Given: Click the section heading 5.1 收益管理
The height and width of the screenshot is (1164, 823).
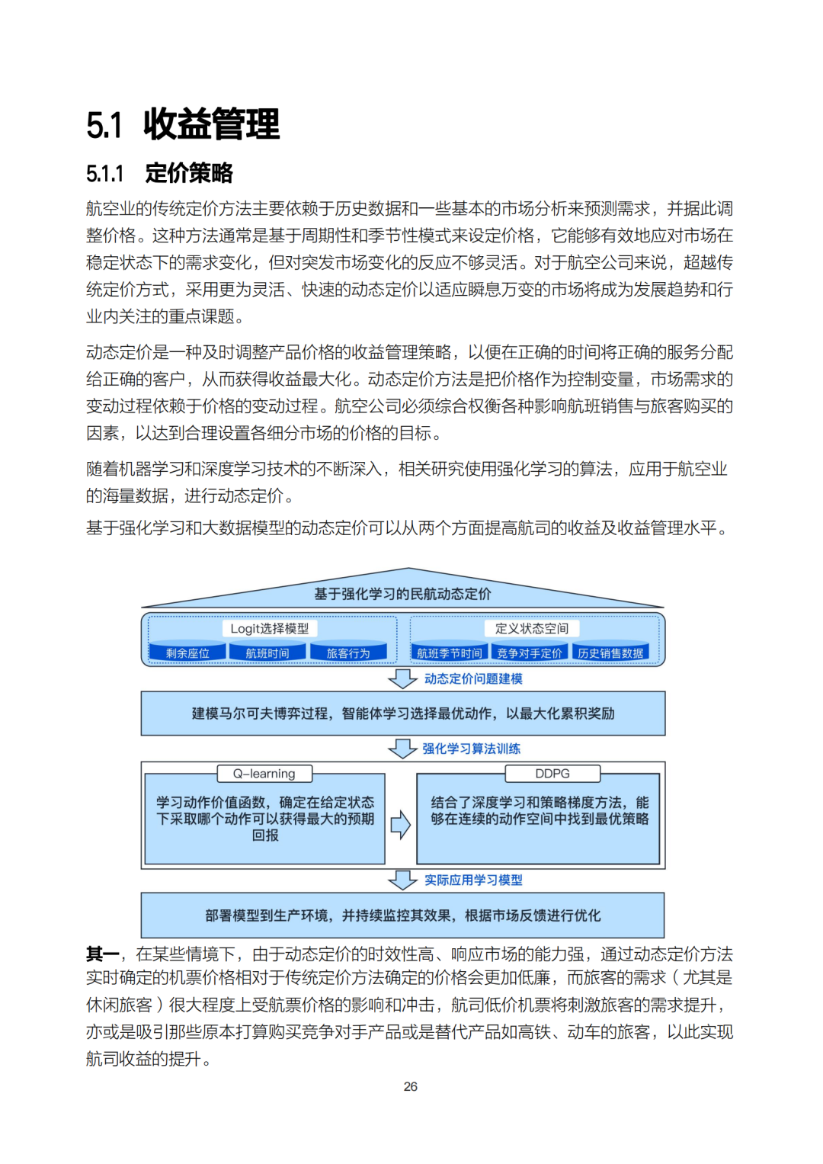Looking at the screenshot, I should [x=183, y=124].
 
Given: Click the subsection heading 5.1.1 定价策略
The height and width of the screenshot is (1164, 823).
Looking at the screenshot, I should [x=159, y=174].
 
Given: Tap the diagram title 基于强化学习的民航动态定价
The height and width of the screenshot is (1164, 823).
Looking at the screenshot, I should [x=402, y=594].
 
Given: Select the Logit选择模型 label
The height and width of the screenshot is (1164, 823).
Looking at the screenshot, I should [x=270, y=628].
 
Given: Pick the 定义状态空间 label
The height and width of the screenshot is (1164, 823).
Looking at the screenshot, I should [x=531, y=628].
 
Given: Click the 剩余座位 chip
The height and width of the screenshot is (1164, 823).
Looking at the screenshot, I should [x=187, y=653].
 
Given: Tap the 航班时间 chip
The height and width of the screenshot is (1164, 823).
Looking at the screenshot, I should [x=267, y=653].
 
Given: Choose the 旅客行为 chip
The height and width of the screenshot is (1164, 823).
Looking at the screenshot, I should [x=347, y=653].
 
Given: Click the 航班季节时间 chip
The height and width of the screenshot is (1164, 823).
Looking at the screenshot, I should [x=450, y=653].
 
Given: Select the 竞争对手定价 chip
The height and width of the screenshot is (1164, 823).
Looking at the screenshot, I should [x=530, y=653].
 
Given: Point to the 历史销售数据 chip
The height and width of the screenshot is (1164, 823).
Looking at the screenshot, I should [x=610, y=653].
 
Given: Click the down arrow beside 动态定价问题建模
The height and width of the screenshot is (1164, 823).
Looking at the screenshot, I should [x=402, y=678].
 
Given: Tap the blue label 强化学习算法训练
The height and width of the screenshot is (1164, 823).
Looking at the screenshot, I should [x=471, y=749].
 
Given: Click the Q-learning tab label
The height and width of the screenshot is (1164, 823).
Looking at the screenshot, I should [x=264, y=774].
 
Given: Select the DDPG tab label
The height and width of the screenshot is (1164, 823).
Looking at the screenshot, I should [x=552, y=774].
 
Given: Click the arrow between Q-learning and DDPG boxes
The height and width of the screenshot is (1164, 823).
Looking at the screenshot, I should [x=400, y=824].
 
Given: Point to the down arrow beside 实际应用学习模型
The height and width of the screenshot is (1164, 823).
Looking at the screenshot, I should [x=402, y=880].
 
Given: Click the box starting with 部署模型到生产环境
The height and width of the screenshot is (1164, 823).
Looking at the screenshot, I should [x=402, y=915].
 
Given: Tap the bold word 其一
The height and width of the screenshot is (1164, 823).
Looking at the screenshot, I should [x=102, y=954].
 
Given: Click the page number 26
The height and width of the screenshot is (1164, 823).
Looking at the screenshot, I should [x=411, y=1086].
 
